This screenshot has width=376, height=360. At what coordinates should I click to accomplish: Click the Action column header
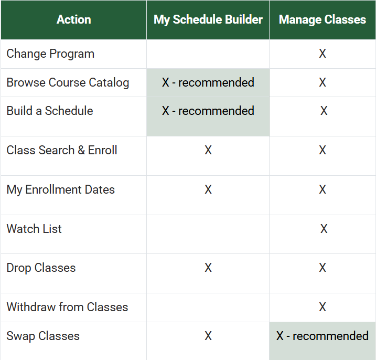click(73, 20)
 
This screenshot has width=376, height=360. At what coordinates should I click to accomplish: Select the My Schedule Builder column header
click(208, 20)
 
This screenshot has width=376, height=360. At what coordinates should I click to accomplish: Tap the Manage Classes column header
click(323, 20)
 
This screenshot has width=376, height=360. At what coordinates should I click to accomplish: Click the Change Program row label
click(50, 54)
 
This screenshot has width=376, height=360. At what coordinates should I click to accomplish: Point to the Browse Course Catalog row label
click(68, 83)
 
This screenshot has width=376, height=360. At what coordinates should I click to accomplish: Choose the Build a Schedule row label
click(50, 111)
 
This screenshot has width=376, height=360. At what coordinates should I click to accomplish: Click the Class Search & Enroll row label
click(62, 151)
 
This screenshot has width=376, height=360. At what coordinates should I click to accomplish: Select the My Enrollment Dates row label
click(60, 190)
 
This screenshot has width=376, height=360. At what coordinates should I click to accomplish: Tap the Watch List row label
click(34, 229)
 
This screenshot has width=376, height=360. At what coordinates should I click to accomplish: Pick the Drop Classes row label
click(41, 268)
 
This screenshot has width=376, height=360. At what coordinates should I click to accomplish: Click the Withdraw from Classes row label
click(67, 308)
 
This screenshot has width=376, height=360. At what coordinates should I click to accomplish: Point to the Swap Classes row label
click(43, 336)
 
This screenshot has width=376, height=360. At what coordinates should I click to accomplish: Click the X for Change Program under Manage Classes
click(323, 54)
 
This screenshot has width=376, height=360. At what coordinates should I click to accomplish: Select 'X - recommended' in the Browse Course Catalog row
click(208, 83)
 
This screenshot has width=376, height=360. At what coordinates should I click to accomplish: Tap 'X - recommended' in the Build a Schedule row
click(208, 111)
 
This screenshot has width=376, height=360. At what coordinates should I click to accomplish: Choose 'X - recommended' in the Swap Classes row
click(323, 336)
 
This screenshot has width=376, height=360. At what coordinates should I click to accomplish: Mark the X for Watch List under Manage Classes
click(324, 229)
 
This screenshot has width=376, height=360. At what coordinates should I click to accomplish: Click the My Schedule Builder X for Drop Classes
click(208, 268)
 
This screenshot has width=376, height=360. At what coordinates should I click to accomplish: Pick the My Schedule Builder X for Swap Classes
click(208, 336)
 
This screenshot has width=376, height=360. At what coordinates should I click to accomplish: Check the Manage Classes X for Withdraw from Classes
click(323, 308)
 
